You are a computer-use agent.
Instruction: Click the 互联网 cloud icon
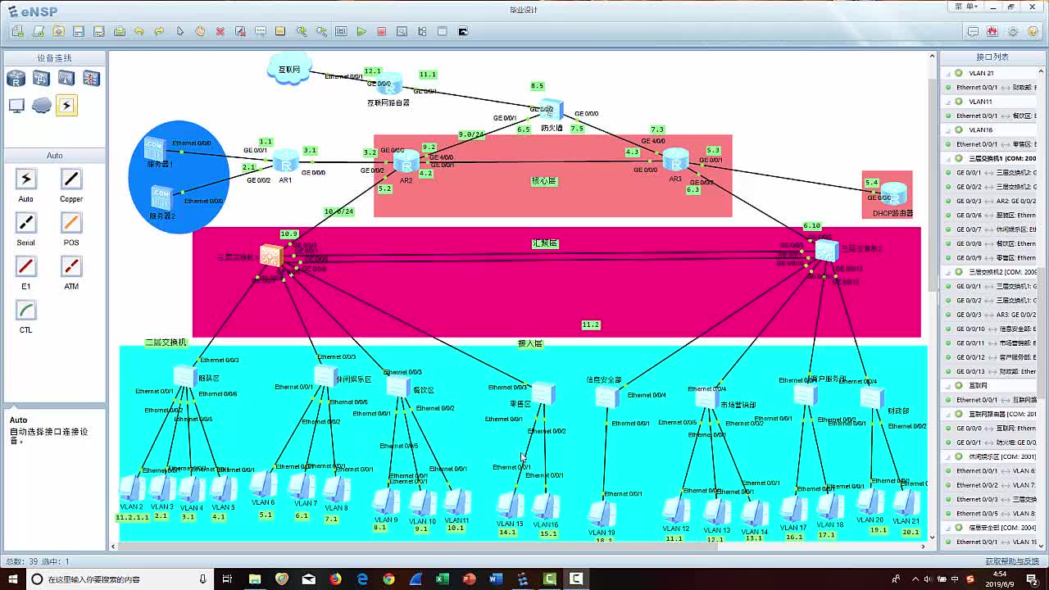288,69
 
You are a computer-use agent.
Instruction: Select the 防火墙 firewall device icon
552,110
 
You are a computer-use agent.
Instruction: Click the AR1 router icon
285,160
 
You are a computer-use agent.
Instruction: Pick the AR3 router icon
675,159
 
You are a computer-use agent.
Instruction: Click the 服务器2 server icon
161,197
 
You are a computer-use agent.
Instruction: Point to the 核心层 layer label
544,181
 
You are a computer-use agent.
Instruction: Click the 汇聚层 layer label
545,243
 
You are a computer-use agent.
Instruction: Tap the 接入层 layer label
529,343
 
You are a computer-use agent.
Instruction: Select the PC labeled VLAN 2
130,489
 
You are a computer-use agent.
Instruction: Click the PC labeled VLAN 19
602,514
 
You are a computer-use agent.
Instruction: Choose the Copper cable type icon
71,179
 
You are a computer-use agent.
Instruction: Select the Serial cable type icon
25,223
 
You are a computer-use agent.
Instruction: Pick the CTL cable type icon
25,311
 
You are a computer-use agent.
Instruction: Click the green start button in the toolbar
361,31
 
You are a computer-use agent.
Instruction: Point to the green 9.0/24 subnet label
470,134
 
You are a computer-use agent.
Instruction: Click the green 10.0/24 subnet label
338,211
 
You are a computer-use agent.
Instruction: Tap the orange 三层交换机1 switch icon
270,256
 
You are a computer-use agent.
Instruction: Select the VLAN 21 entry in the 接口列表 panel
981,73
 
